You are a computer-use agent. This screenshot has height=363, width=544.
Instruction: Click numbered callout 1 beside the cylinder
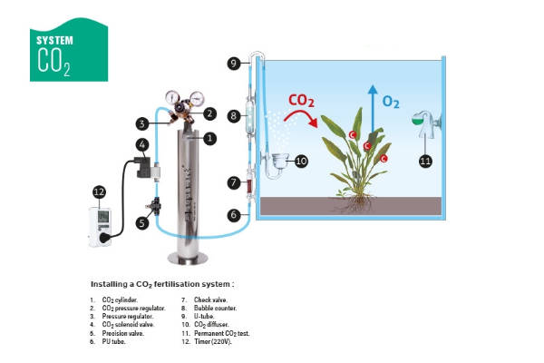click(x=209, y=138)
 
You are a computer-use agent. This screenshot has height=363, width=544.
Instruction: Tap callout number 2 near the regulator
click(x=209, y=113)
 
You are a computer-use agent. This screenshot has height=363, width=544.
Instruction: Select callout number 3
click(x=142, y=123)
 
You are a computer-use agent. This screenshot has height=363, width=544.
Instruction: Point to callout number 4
click(x=142, y=145)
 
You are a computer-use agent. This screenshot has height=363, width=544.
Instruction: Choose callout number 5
click(x=142, y=221)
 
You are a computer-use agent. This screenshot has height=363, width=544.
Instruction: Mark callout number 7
click(x=234, y=184)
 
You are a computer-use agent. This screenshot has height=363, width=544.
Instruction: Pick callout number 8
click(x=234, y=116)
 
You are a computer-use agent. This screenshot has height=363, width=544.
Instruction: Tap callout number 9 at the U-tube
click(x=234, y=63)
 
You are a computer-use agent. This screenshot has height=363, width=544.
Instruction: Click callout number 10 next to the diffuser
click(x=302, y=161)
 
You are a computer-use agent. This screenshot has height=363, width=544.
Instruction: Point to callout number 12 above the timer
click(x=100, y=191)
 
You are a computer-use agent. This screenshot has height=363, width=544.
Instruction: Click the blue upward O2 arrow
click(x=370, y=104)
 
